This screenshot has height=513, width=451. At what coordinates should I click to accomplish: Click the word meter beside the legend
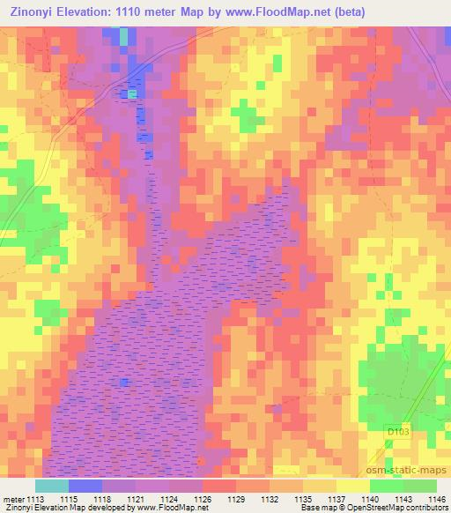click(x=13, y=498)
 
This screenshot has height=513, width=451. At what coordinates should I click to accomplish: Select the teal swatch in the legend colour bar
click(x=51, y=486)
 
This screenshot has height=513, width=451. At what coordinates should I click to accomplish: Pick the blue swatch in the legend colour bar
click(x=85, y=486)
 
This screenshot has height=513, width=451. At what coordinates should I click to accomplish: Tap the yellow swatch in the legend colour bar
click(x=352, y=486)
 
